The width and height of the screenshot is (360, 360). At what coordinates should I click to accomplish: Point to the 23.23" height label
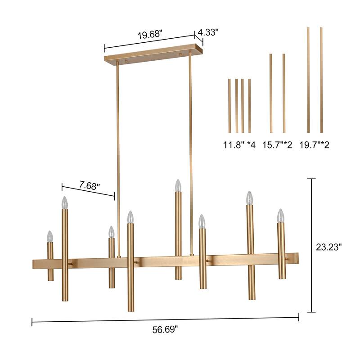[328, 247]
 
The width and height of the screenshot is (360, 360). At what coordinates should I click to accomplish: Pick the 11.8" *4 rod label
[239, 145]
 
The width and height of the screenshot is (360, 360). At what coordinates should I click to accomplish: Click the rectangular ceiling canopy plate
[153, 54]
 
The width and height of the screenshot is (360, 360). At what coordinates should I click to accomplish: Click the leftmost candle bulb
[50, 236]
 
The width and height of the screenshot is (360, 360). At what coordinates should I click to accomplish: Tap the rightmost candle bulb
[281, 215]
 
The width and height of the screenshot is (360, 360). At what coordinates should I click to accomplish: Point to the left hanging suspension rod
[118, 157]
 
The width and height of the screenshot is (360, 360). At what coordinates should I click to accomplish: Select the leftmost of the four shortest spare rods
[229, 106]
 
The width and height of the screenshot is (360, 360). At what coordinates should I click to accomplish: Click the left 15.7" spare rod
[270, 93]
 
